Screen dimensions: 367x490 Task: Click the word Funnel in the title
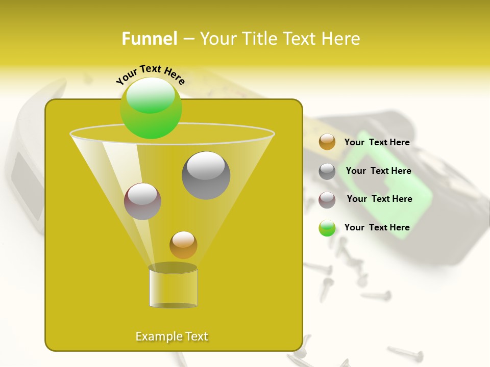pyautogui.click(x=150, y=39)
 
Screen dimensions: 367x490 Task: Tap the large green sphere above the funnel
pyautogui.click(x=151, y=108)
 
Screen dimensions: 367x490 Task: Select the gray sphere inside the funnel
pyautogui.click(x=206, y=175)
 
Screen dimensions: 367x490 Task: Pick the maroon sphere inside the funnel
pyautogui.click(x=142, y=201)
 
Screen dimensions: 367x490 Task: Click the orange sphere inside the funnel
pyautogui.click(x=183, y=245)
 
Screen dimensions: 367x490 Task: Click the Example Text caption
pyautogui.click(x=171, y=336)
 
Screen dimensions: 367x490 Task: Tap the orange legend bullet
pyautogui.click(x=327, y=142)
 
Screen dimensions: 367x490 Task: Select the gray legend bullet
pyautogui.click(x=327, y=171)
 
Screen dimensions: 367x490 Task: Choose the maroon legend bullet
pyautogui.click(x=327, y=200)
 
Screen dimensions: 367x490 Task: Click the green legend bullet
pyautogui.click(x=327, y=228)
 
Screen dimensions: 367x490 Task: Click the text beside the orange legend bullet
pyautogui.click(x=377, y=143)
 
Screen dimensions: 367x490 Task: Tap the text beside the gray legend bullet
pyautogui.click(x=378, y=171)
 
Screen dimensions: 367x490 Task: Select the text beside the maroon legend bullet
pyautogui.click(x=379, y=199)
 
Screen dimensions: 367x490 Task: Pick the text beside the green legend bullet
pyautogui.click(x=377, y=227)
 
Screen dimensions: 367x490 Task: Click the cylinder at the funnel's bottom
pyautogui.click(x=173, y=288)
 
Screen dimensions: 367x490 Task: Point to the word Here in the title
pyautogui.click(x=340, y=39)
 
